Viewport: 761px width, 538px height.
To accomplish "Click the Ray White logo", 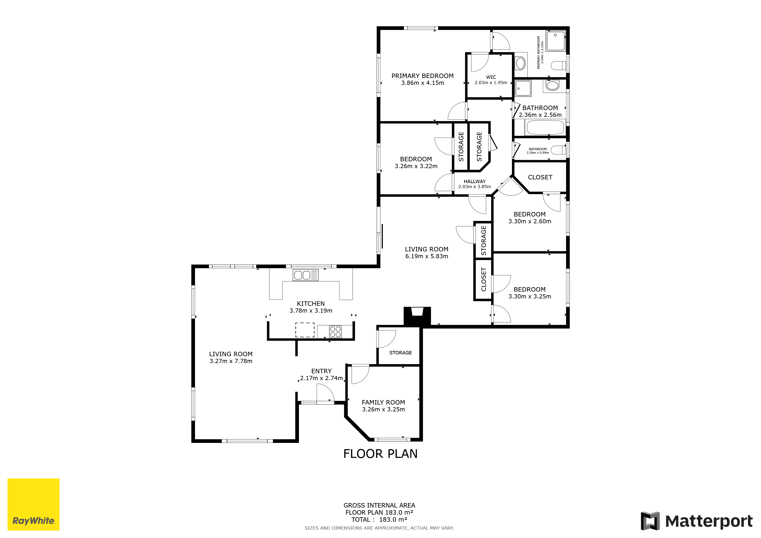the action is [33, 504].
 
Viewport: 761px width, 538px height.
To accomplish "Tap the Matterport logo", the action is [696, 521].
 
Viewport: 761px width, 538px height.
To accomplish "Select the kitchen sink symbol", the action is [306, 275].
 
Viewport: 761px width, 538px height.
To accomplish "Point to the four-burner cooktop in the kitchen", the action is [335, 332].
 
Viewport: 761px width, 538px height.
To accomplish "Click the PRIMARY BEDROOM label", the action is [423, 76].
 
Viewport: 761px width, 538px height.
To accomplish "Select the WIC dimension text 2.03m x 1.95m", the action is [491, 82].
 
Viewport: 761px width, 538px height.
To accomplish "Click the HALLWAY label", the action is [475, 181].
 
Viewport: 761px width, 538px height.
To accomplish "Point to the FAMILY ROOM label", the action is [383, 402].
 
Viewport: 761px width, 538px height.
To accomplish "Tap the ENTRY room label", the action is [321, 371].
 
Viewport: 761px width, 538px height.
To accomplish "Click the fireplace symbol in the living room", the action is [417, 316].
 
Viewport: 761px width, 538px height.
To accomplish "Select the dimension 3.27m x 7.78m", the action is [231, 361].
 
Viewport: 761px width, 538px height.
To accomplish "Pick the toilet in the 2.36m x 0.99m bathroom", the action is [559, 150].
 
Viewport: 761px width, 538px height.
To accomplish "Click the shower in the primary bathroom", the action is [556, 41].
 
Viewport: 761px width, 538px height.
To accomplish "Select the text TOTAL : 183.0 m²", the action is [379, 519].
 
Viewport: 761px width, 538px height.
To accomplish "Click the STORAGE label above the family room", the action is [400, 353].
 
